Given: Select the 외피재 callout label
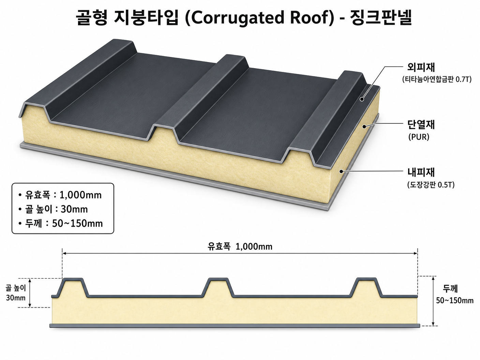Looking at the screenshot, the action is tap(421, 67).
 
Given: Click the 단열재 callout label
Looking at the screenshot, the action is tap(421, 124).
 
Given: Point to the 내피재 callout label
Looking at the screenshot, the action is tap(421, 172).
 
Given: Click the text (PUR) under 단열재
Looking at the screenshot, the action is tap(419, 137).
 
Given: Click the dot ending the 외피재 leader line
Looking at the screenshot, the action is tap(362, 99).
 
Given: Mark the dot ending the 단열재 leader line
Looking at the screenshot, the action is tap(364, 126).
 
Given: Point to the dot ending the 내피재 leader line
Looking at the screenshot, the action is tap(341, 171).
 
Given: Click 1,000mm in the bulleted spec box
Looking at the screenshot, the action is tap(80, 195).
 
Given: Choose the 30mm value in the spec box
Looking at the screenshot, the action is tap(74, 209).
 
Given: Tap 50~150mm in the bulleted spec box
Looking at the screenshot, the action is tap(77, 223).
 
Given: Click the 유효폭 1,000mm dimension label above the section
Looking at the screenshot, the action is tap(240, 246).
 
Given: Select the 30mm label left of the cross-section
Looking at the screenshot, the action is tap(16, 298).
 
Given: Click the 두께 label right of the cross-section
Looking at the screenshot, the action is tap(450, 289).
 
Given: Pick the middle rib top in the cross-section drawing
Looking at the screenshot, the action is tap(218, 279).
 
